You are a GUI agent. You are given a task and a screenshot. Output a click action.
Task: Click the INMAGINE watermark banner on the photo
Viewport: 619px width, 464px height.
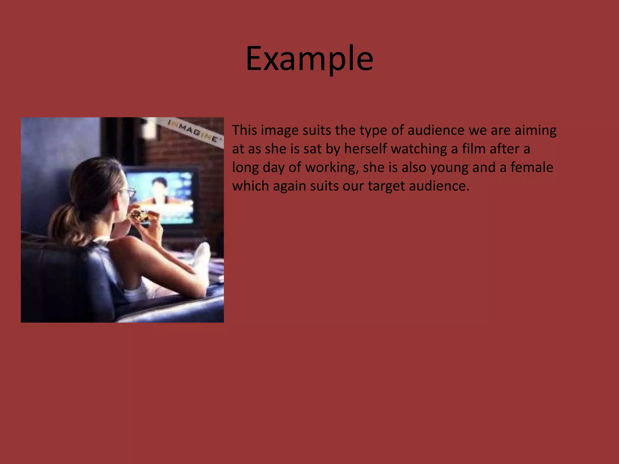pos(193,132)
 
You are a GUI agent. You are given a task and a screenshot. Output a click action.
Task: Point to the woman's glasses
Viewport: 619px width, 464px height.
pos(130,192)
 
